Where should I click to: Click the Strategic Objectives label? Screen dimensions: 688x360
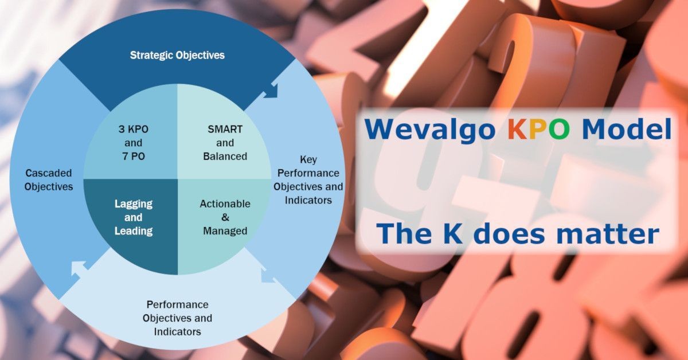coord(177,56)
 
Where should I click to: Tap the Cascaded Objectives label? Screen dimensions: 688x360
coord(49,179)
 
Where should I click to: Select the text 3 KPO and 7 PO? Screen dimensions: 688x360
coord(133,143)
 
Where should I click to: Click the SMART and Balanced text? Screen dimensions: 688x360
coord(225,143)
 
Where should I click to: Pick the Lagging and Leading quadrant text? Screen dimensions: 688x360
coord(134,217)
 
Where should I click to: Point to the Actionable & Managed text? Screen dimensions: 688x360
coord(225,217)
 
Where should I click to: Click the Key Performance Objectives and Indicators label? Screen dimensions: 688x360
coord(308,179)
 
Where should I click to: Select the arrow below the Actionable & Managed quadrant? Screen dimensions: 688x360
coord(268,275)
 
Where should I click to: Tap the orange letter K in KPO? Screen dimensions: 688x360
coord(518,130)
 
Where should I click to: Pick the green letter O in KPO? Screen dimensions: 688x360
coord(559,130)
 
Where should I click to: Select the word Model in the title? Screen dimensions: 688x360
coord(627,129)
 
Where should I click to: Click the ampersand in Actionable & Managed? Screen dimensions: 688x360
coord(225,217)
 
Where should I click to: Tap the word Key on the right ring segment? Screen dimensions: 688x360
coord(308,160)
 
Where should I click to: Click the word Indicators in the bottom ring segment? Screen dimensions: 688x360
coord(178,332)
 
